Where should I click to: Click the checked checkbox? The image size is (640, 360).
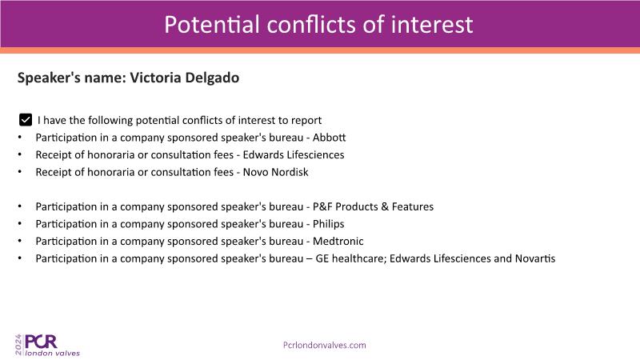click(26, 120)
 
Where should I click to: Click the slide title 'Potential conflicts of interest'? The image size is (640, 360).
click(318, 25)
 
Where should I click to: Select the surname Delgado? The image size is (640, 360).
click(212, 78)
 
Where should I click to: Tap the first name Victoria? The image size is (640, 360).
click(155, 78)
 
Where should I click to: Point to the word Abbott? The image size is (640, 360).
click(329, 138)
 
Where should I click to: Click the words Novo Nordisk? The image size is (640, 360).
click(275, 172)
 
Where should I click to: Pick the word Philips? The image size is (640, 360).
click(329, 224)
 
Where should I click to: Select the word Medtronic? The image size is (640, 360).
click(338, 242)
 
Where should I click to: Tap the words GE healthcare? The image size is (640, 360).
click(350, 258)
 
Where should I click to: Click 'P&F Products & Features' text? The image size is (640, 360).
click(373, 206)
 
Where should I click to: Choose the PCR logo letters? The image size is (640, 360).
click(41, 342)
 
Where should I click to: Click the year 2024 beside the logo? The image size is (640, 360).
click(18, 345)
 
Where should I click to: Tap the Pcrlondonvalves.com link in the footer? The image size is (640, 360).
click(325, 346)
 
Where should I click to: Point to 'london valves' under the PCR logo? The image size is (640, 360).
click(53, 353)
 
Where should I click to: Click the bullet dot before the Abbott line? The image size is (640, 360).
click(19, 138)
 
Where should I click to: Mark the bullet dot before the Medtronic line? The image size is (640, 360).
click(19, 242)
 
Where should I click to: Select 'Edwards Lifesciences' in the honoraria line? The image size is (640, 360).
click(294, 154)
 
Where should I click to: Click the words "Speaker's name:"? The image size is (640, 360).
click(72, 78)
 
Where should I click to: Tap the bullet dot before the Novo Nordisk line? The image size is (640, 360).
click(19, 172)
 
